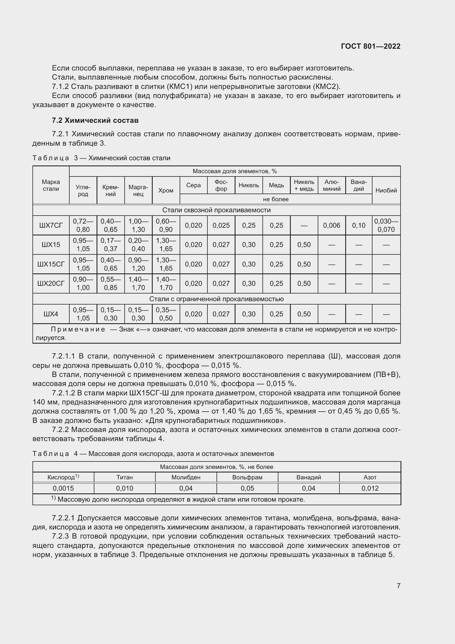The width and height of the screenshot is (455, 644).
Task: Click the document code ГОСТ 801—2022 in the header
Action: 370,46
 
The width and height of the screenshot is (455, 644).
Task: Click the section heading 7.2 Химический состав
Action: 95,120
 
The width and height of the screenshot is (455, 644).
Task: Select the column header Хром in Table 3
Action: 166,191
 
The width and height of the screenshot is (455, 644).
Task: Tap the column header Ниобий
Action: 386,191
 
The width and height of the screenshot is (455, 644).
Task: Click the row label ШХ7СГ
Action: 51,225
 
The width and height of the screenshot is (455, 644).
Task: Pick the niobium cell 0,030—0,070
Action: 386,225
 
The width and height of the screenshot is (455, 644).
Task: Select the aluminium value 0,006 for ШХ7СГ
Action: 331,225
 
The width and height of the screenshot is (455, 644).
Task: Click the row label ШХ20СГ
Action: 51,283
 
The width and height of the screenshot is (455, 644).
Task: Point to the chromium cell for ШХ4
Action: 166,314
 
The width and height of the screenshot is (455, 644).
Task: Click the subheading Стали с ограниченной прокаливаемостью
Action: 216,299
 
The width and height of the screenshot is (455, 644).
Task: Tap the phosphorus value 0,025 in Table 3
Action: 221,225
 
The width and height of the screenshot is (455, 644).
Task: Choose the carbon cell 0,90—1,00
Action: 83,283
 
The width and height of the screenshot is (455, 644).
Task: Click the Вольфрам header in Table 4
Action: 247,477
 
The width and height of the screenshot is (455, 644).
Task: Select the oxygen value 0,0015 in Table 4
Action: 63,488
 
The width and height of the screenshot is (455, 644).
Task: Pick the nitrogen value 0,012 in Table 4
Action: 370,488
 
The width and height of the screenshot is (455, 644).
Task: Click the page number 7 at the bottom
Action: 398,586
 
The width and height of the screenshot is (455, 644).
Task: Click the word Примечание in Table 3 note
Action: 78,329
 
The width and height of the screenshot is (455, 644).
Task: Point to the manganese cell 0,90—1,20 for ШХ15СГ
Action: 138,264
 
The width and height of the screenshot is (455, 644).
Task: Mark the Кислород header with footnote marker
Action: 63,477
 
